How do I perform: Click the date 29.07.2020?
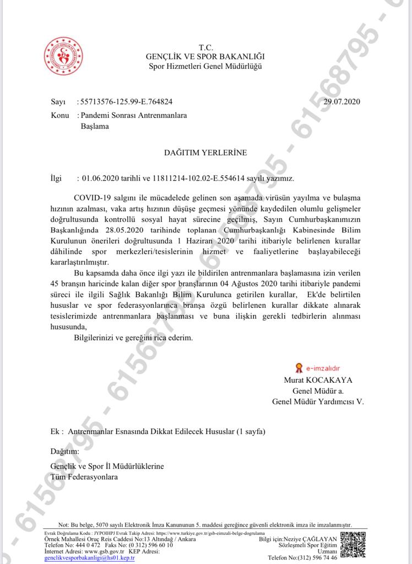[341, 101]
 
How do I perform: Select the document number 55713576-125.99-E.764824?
[126, 101]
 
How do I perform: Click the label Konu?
[59, 116]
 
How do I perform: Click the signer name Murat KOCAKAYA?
[318, 380]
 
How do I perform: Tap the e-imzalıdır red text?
[324, 367]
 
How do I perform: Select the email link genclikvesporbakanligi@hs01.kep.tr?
[89, 557]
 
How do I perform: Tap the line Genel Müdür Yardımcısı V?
[318, 402]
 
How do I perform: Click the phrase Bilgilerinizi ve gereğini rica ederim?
[133, 338]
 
